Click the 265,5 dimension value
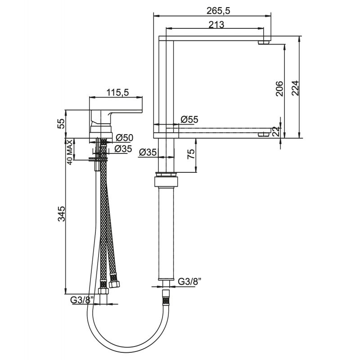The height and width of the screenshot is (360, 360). [x=218, y=11]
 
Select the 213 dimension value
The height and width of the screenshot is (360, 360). [x=216, y=24]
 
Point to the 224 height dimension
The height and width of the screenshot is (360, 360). [x=295, y=88]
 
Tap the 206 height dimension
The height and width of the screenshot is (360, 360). [x=279, y=89]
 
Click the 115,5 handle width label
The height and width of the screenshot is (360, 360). [x=118, y=92]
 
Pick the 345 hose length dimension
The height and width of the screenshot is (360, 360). [x=61, y=214]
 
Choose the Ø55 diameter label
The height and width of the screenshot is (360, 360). [x=189, y=119]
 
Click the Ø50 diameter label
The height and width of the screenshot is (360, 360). [x=125, y=138]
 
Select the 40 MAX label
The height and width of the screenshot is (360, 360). [x=70, y=152]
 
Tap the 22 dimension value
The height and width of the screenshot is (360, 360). [x=276, y=132]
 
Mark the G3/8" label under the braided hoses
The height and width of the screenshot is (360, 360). [x=82, y=300]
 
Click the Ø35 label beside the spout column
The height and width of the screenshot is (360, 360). [x=148, y=152]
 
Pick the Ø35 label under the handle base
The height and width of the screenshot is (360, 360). [x=123, y=149]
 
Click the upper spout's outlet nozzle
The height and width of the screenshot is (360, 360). [x=264, y=42]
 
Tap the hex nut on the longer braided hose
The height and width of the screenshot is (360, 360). [x=103, y=291]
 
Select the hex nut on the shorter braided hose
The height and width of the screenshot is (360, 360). [x=114, y=284]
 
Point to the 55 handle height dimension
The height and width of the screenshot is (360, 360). [x=61, y=124]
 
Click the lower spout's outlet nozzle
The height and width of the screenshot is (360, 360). [x=264, y=135]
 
